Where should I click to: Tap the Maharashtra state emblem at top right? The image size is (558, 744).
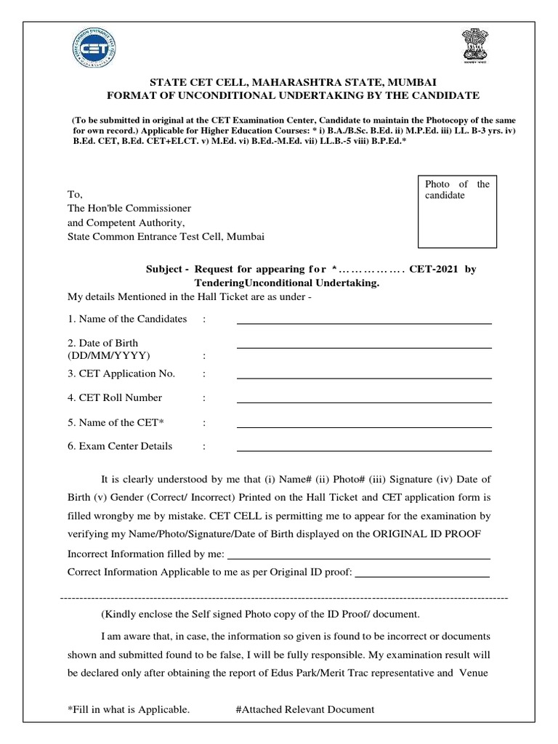click(474, 48)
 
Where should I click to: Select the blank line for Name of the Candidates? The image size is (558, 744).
click(364, 323)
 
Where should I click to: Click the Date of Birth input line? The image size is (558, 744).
click(364, 347)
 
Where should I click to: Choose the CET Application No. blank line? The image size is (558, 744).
click(364, 378)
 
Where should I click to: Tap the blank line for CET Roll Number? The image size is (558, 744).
click(364, 402)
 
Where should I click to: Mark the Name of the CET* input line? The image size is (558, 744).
click(364, 426)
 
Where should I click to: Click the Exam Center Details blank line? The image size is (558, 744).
click(364, 450)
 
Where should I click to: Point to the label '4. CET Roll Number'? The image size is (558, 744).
click(115, 398)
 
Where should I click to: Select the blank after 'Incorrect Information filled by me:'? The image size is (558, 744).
click(359, 557)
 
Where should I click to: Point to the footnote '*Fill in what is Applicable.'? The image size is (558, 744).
click(129, 709)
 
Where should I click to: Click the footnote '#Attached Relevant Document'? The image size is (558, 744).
click(305, 709)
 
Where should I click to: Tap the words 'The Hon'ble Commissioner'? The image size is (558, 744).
click(129, 209)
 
